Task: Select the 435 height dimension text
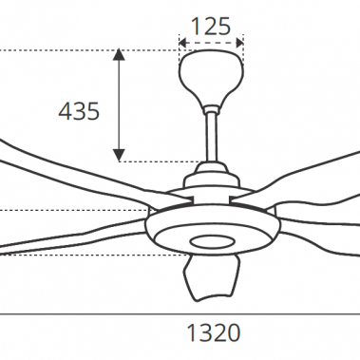click(x=79, y=111)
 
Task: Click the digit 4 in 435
click(x=66, y=111)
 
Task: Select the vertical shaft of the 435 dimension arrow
click(x=119, y=104)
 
